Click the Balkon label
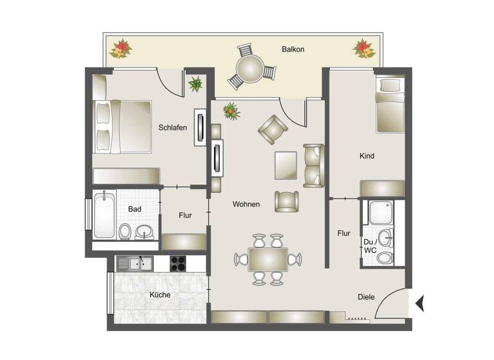293,50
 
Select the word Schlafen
172,127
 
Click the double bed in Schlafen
122,126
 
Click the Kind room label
367,156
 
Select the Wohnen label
246,204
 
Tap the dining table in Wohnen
268,260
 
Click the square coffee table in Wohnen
286,165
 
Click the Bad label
134,209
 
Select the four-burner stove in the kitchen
178,263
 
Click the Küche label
160,295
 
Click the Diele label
367,297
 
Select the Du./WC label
370,246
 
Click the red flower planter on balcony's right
363,49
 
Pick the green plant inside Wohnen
231,111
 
